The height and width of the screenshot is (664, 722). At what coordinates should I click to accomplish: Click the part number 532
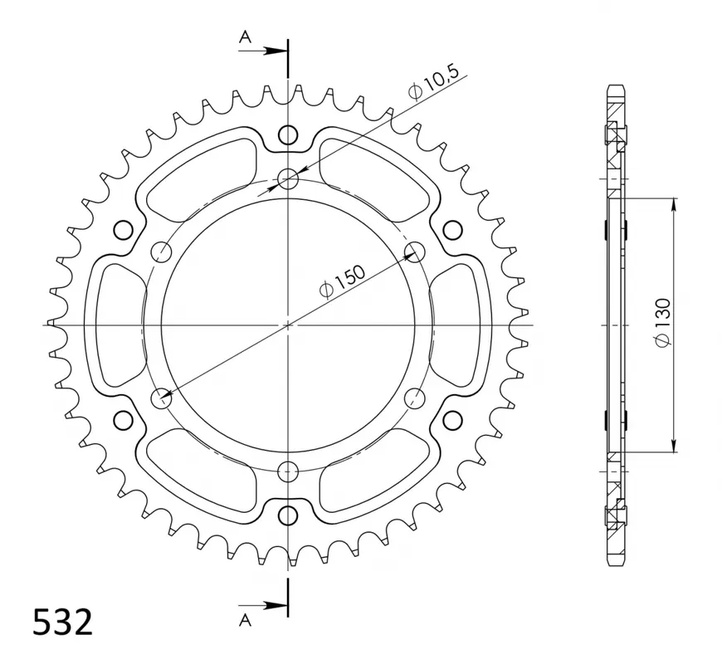[62, 622]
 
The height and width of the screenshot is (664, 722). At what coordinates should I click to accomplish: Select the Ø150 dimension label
[342, 281]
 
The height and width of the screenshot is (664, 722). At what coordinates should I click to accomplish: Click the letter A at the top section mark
[246, 37]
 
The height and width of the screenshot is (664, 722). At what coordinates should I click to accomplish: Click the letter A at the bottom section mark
[246, 621]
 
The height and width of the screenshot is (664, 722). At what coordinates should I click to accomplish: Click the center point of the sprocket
[288, 325]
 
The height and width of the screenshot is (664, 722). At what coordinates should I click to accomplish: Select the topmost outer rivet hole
[288, 134]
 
